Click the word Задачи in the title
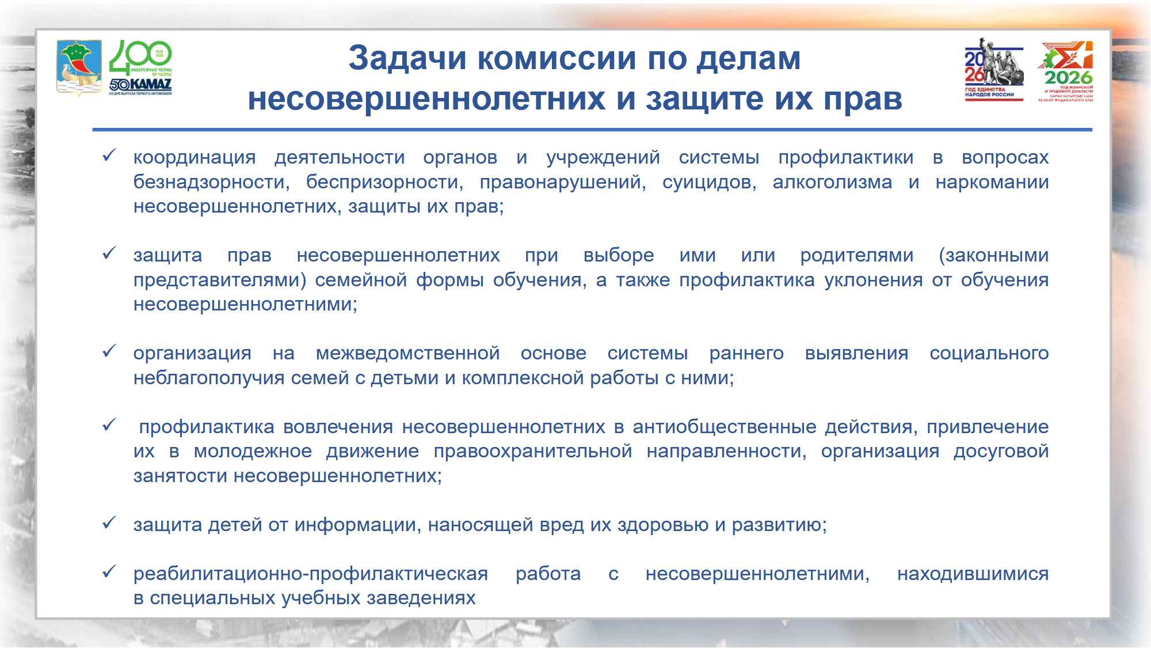pyautogui.click(x=407, y=59)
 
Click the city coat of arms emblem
pyautogui.click(x=79, y=67)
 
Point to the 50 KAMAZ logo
pyautogui.click(x=140, y=86)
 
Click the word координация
pyautogui.click(x=195, y=158)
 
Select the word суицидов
pyautogui.click(x=709, y=183)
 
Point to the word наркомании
pyautogui.click(x=992, y=183)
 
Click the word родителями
pyautogui.click(x=856, y=256)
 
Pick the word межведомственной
pyautogui.click(x=407, y=353)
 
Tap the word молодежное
pyautogui.click(x=253, y=452)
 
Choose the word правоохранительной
pyautogui.click(x=533, y=452)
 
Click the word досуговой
pyautogui.click(x=1001, y=452)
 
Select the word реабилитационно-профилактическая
pyautogui.click(x=311, y=574)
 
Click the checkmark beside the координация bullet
pyautogui.click(x=109, y=155)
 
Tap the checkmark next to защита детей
pyautogui.click(x=109, y=522)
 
